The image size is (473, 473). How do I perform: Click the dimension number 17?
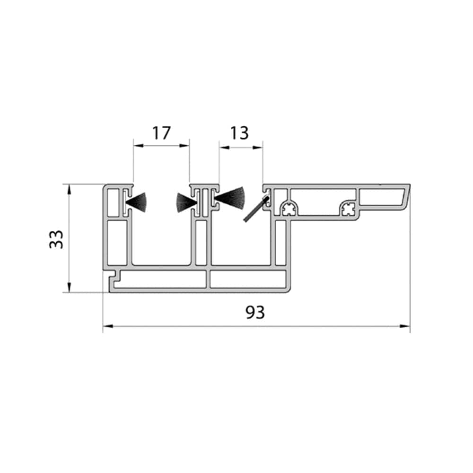point(161,133)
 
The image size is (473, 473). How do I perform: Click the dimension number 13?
point(239,133)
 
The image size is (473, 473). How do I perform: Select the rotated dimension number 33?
point(56,239)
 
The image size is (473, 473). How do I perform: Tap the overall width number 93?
point(255,312)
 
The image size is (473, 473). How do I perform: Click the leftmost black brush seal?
point(136,202)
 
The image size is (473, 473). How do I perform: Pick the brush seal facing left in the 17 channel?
point(186,202)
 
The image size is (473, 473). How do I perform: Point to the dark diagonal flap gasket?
point(256,209)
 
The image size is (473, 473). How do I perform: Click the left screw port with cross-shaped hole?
point(289,209)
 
